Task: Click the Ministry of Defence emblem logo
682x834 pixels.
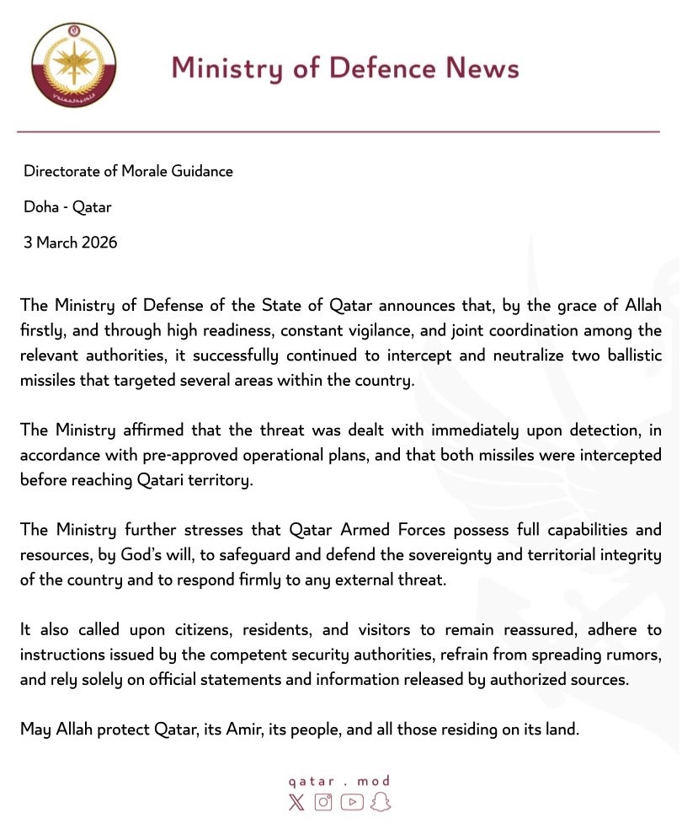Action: click(x=74, y=66)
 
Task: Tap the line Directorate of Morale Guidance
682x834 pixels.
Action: click(x=128, y=171)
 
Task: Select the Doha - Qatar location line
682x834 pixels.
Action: click(x=67, y=207)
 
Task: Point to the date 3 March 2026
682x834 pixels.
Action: click(x=70, y=243)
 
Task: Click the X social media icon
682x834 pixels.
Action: click(x=296, y=802)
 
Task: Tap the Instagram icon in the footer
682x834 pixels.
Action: click(x=323, y=802)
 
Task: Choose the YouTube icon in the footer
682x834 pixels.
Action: click(x=352, y=802)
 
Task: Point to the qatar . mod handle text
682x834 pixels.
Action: click(x=338, y=781)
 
